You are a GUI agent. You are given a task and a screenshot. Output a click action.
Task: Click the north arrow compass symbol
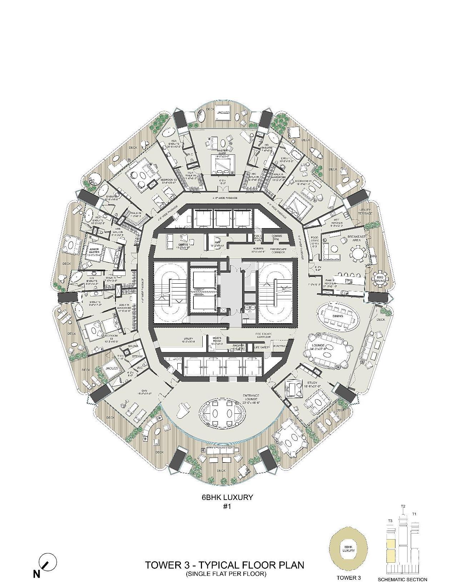click(47, 562)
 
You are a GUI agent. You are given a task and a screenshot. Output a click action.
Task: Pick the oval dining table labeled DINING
click(338, 316)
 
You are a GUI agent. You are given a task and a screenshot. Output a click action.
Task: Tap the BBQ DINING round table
click(379, 279)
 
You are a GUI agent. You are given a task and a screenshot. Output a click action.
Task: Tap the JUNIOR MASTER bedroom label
click(94, 251)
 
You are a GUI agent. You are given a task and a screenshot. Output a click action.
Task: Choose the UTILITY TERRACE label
click(365, 211)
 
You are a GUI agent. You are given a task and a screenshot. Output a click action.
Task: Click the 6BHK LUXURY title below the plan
click(227, 497)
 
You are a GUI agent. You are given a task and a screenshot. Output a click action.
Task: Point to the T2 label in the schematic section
click(403, 506)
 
